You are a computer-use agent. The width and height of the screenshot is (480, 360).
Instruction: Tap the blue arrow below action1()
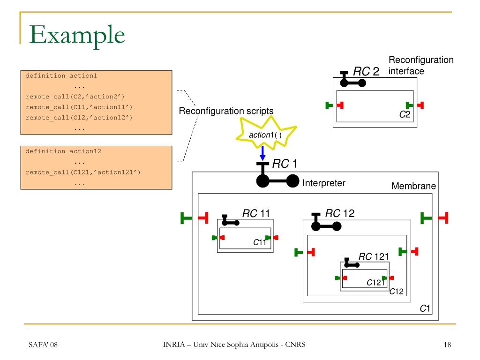point(262,153)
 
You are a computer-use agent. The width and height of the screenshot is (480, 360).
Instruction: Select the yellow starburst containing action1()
point(266,133)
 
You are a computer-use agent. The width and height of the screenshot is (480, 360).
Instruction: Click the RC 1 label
point(285,164)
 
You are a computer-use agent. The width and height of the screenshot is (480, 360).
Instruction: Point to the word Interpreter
point(323,183)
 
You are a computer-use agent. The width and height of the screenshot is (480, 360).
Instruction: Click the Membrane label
point(413,186)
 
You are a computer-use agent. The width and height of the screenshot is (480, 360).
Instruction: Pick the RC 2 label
point(366,71)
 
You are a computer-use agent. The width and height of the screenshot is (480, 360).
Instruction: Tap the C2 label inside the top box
point(405,114)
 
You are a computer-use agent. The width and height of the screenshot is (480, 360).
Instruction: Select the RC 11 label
point(256,213)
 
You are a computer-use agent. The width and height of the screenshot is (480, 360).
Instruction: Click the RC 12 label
point(340,213)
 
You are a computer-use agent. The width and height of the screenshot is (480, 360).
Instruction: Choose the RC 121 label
point(374,256)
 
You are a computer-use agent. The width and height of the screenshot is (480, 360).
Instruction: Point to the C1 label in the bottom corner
point(425,308)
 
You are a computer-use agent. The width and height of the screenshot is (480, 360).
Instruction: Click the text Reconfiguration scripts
point(226,111)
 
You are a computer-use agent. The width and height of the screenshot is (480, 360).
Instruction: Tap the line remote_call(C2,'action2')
point(75,97)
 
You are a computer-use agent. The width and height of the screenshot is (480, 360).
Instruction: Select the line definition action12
point(63,151)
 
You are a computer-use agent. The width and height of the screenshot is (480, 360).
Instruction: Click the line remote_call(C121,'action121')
point(83,172)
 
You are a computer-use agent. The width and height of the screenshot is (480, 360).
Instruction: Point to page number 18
point(447,345)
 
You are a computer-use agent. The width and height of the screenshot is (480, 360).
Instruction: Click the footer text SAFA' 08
point(43,345)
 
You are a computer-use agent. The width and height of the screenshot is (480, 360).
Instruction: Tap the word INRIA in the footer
point(174,345)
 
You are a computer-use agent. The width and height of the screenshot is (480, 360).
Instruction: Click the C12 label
point(397,292)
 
